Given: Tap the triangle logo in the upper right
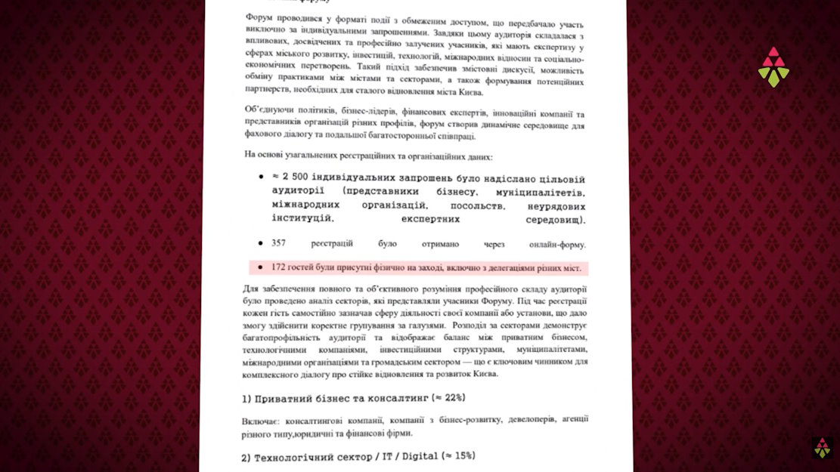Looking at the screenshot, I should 773,66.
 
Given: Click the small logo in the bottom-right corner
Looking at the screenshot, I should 822,447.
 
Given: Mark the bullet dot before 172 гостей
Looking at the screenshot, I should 260,268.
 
